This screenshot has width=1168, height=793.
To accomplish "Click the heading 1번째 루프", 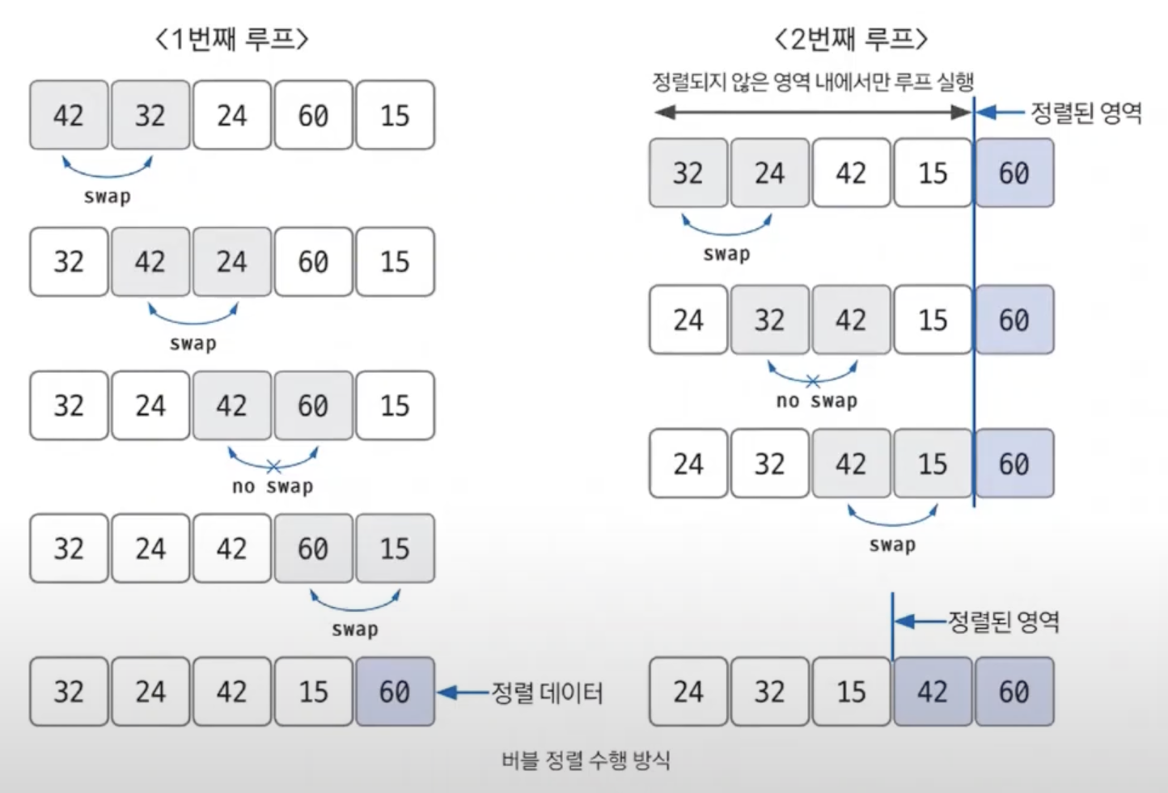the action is tap(232, 38).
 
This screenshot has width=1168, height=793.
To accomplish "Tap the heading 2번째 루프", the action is tap(851, 38).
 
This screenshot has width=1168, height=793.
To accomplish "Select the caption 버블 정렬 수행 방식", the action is tap(586, 761).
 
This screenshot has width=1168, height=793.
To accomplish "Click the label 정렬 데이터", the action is tap(548, 693).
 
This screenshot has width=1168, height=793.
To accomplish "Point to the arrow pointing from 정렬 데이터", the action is tap(463, 693).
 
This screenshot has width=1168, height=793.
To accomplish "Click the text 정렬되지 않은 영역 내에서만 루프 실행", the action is tap(812, 82).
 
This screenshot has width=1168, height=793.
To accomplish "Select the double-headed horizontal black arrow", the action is tap(812, 112).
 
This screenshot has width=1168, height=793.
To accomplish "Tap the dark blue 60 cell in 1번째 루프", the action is tap(395, 691).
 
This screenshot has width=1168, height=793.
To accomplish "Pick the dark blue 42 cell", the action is tap(933, 691).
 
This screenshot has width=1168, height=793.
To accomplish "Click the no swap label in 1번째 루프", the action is tap(273, 486).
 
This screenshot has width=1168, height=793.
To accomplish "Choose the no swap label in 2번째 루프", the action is tap(816, 401).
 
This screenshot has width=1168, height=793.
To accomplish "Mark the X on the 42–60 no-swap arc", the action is tap(273, 466).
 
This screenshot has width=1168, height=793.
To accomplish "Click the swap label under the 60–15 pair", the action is tap(354, 630).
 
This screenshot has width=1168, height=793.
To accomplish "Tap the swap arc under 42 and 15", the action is tap(892, 518).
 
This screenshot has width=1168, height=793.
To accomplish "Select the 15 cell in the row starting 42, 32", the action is tap(395, 115).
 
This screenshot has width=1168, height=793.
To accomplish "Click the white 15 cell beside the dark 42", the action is tap(851, 691).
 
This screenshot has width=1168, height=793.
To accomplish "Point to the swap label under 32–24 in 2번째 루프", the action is tap(726, 254).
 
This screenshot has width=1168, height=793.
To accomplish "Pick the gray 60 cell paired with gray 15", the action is tap(313, 549).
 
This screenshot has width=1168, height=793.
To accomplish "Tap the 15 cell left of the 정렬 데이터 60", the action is tap(313, 691).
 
